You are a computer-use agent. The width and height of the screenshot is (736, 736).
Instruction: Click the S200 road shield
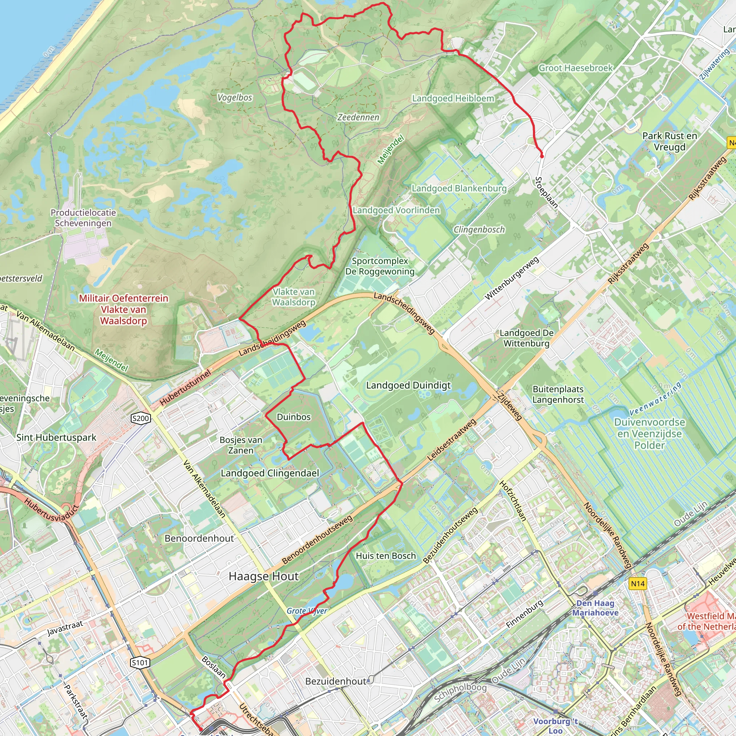tap(140, 418)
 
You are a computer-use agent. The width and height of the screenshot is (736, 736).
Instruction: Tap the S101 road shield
tap(139, 662)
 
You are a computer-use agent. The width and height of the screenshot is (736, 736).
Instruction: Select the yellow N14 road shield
tap(638, 583)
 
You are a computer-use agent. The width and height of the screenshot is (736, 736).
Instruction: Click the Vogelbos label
tap(235, 97)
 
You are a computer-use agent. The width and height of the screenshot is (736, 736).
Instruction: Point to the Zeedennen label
tap(358, 117)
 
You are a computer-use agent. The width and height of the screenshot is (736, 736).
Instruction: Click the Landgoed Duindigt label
tap(408, 385)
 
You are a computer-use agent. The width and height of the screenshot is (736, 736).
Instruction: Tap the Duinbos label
tap(293, 417)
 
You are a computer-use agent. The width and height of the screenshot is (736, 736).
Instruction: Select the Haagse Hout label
tap(264, 576)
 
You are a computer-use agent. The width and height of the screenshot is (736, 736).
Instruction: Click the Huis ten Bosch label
tap(386, 556)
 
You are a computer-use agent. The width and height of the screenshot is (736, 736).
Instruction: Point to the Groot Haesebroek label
tap(575, 68)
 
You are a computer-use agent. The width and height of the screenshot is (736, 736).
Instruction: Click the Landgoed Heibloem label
tap(453, 98)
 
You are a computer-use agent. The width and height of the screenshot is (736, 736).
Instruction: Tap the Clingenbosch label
tap(479, 229)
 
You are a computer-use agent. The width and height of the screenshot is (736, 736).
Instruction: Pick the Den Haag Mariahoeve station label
tap(595, 608)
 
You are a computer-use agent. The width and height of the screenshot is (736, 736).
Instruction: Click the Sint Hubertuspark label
tap(56, 437)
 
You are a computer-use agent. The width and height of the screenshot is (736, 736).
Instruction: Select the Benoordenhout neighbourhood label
tap(199, 538)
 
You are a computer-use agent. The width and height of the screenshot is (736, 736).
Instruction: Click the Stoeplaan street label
tap(546, 192)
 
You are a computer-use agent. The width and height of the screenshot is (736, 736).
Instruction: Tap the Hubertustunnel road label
tap(185, 387)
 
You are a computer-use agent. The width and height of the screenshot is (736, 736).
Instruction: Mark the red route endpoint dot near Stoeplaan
tap(542, 156)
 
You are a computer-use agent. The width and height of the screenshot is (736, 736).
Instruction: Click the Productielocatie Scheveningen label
tap(83, 217)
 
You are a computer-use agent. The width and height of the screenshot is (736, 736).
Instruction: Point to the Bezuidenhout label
tap(336, 681)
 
